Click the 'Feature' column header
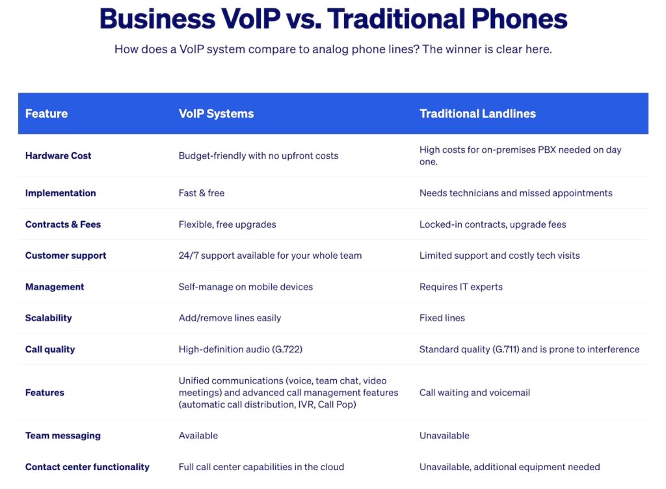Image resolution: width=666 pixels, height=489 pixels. (46, 113)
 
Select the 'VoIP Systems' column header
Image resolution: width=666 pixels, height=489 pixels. (216, 113)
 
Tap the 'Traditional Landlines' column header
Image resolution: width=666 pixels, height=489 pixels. (477, 113)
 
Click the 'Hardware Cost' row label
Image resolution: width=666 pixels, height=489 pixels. (58, 155)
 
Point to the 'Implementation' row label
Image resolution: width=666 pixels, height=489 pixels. (60, 193)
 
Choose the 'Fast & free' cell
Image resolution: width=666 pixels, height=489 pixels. (202, 192)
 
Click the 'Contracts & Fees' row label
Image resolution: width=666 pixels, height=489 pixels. (63, 224)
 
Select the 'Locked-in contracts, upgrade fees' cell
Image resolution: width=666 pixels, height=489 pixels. (493, 224)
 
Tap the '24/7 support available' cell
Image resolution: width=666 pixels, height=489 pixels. (270, 255)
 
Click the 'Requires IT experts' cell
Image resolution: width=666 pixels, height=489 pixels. (461, 287)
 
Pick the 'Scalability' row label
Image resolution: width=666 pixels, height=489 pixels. (48, 318)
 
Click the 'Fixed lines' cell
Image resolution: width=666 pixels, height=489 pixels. (442, 317)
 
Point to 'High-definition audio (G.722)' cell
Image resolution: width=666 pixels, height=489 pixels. (241, 349)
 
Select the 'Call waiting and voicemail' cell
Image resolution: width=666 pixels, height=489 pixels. (474, 393)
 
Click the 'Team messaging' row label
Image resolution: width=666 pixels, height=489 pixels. (63, 436)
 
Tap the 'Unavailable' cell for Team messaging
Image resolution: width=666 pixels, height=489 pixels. (444, 436)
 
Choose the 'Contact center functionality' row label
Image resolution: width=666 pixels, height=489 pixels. (87, 467)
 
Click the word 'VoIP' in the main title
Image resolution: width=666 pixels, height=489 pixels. (250, 19)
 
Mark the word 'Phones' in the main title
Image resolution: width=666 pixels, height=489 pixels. (519, 19)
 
